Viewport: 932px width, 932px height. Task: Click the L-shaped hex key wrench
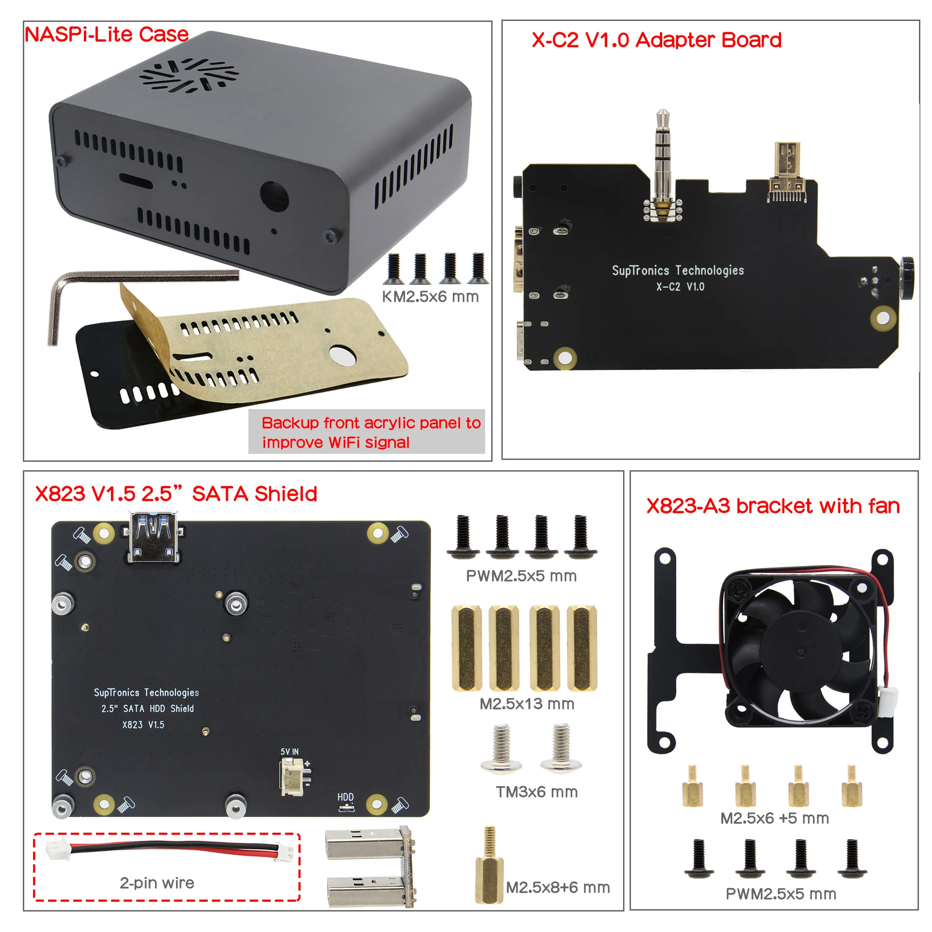coord(96,289)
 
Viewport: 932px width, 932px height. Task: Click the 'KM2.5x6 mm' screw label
coord(430,297)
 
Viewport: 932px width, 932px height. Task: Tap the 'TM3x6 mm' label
coord(536,792)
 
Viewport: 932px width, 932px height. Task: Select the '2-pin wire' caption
coord(157,882)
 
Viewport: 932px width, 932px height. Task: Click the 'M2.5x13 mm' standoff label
coord(527,704)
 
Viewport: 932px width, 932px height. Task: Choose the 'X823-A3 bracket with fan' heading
coord(773,506)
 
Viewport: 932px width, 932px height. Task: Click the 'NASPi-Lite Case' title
coord(107,35)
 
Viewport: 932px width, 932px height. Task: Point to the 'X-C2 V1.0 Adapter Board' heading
coord(656,40)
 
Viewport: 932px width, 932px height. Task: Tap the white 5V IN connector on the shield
coord(292,776)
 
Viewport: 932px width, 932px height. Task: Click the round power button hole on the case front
coord(274,196)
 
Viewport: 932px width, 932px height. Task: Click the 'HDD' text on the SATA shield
coord(345,797)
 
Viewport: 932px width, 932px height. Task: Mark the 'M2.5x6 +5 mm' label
coord(774,818)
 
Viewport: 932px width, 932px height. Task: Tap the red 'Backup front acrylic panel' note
coord(370,432)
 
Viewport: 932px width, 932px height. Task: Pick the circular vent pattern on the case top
coord(189,75)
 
